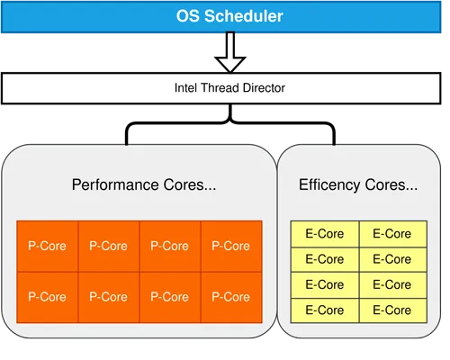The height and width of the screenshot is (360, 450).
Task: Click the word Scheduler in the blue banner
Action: pyautogui.click(x=244, y=16)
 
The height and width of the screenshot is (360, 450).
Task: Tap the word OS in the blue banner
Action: pyautogui.click(x=188, y=16)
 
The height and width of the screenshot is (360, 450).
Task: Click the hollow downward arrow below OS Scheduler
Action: pyautogui.click(x=230, y=52)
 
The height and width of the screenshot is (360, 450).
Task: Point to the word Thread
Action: pyautogui.click(x=220, y=88)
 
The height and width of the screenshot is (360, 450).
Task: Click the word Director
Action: pyautogui.click(x=264, y=88)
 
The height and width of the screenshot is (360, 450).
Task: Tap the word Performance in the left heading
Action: pyautogui.click(x=116, y=184)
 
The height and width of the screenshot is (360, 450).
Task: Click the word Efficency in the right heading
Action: pyautogui.click(x=329, y=184)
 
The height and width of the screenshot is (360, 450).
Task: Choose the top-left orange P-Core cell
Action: pyautogui.click(x=48, y=247)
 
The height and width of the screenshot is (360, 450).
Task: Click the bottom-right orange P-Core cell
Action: pyautogui.click(x=231, y=297)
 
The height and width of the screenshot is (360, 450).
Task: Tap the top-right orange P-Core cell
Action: pyautogui.click(x=231, y=247)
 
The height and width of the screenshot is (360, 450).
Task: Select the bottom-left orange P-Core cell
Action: pyautogui.click(x=48, y=297)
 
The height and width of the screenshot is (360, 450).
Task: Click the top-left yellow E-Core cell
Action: pyautogui.click(x=325, y=234)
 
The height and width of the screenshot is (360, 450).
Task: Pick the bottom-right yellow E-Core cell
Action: pyautogui.click(x=393, y=310)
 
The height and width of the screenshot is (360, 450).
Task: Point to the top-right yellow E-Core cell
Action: pyautogui.click(x=393, y=234)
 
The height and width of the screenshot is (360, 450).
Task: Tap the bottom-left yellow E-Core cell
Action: pyautogui.click(x=325, y=310)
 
